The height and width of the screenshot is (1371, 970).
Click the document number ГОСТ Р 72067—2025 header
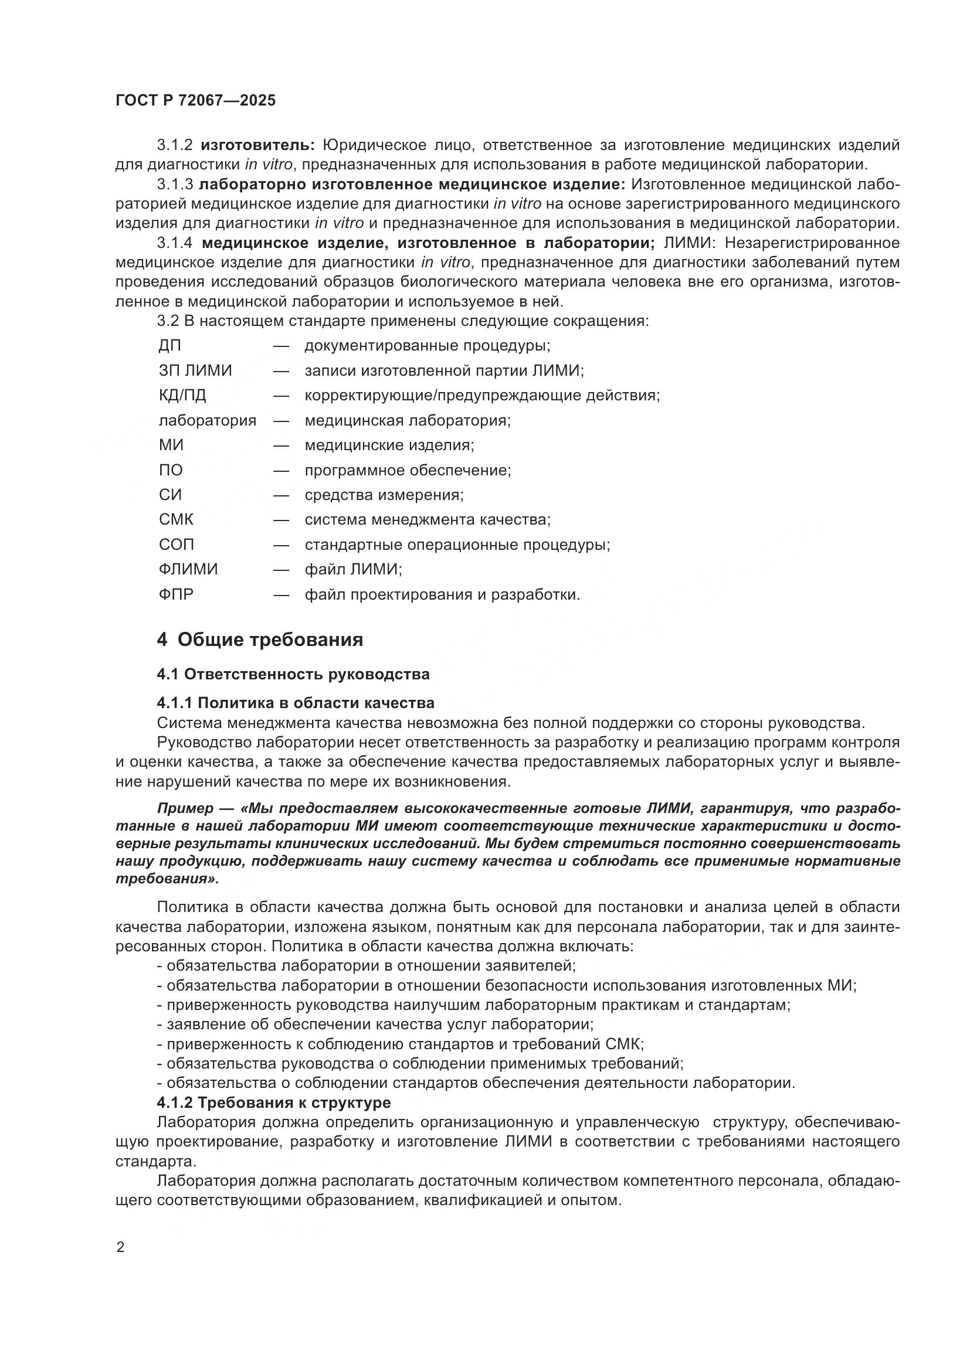click(195, 100)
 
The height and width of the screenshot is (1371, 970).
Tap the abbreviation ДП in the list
click(169, 346)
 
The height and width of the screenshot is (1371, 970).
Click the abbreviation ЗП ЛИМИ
click(195, 371)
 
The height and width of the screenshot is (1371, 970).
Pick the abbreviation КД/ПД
click(182, 395)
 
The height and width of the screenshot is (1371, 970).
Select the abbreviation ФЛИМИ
click(188, 569)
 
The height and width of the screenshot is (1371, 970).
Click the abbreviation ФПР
click(175, 595)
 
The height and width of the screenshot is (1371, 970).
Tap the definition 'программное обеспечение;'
click(408, 471)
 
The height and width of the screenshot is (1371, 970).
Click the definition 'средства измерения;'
click(384, 495)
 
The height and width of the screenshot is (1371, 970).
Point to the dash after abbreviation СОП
click(281, 545)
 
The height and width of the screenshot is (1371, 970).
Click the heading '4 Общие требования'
click(260, 639)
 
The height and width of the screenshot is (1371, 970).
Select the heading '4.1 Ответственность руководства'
click(293, 674)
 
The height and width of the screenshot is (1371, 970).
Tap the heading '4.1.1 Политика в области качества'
click(295, 702)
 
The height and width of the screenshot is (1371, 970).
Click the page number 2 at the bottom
click(121, 1247)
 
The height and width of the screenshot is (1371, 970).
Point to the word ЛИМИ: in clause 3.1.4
click(689, 243)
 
